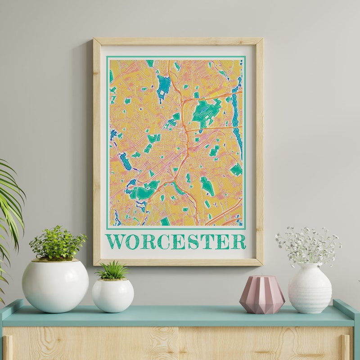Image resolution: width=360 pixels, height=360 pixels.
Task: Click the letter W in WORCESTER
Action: pyautogui.click(x=115, y=242)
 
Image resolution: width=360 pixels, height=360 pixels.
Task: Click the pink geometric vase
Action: pyautogui.click(x=262, y=295)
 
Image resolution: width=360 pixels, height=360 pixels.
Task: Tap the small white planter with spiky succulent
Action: pyautogui.click(x=112, y=295)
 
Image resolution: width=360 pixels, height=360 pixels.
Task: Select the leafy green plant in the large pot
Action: pyautogui.click(x=57, y=243)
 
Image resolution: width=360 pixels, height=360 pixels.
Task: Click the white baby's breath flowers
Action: pyautogui.click(x=309, y=245)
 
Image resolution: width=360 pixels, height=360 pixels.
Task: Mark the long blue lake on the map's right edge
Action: pyautogui.click(x=236, y=117)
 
